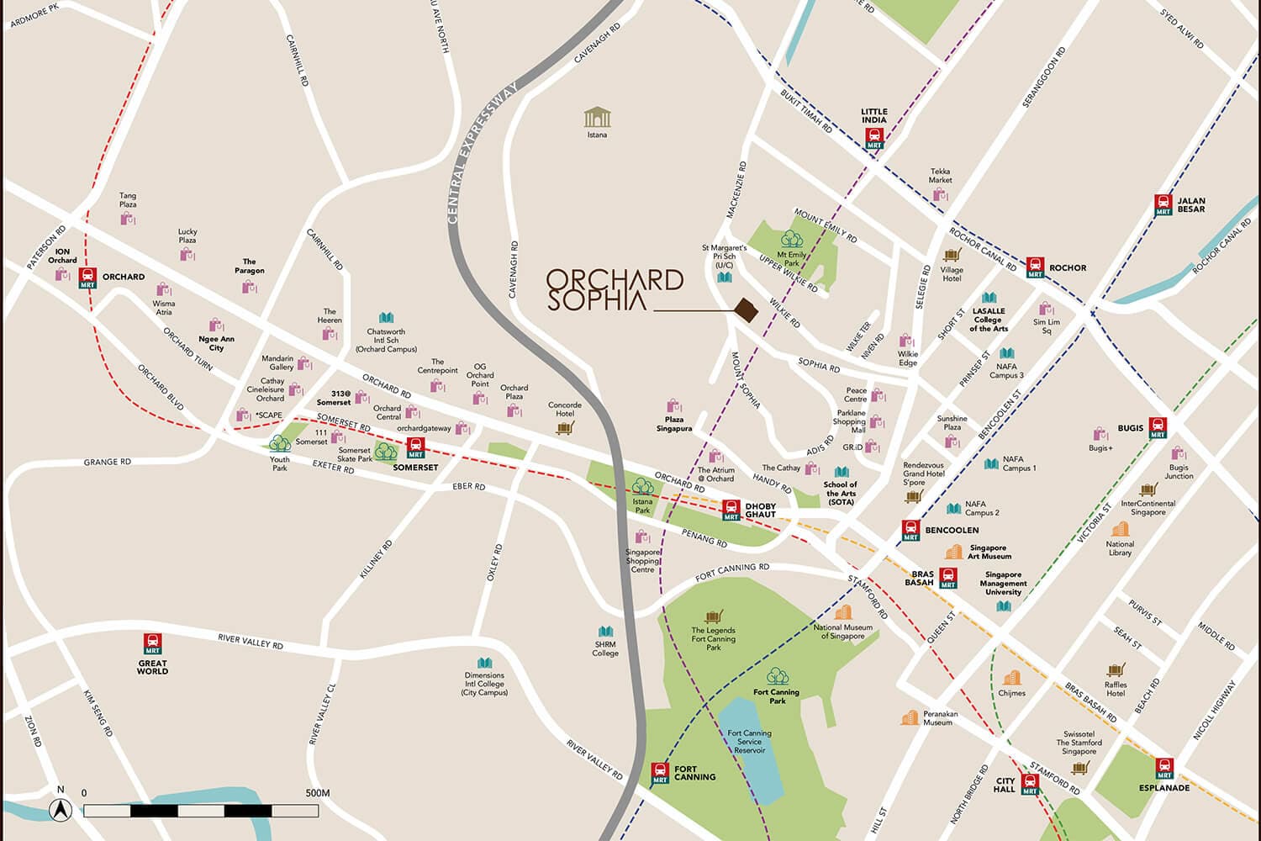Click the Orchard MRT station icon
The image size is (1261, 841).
coord(88,278)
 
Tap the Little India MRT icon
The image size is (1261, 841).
coord(874,139)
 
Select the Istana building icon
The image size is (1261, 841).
coord(597,118)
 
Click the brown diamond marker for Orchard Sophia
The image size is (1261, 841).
coord(746,310)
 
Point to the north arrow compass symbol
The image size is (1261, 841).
coord(60,809)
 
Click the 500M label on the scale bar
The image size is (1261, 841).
coord(318,793)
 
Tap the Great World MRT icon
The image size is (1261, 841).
coord(152,644)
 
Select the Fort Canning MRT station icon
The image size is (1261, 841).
coord(661,773)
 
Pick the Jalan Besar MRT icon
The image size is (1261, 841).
coord(1163,204)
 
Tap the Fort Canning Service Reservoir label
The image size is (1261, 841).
coord(749,742)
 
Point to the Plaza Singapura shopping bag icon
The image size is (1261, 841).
coord(673,407)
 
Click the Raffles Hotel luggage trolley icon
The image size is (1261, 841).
coord(1116,669)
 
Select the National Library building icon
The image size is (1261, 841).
coord(1120,529)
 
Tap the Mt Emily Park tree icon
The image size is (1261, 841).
coord(792,240)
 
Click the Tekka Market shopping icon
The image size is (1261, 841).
coord(940,195)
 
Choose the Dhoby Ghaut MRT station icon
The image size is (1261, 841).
coord(731,510)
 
